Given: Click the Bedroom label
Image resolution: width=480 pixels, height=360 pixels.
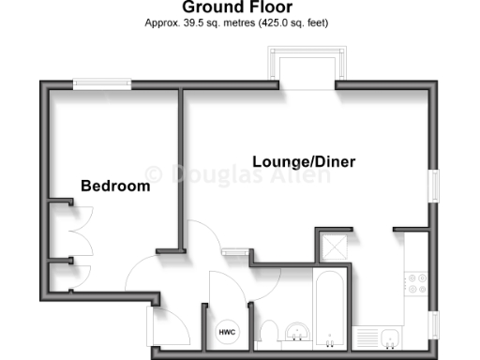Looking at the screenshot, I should (x=115, y=186).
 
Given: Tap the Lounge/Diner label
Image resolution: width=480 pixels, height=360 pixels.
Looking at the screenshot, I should (x=305, y=162).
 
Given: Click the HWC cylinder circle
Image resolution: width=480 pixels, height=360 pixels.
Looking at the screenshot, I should (x=227, y=332).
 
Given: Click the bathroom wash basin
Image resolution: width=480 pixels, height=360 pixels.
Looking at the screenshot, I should (x=299, y=333).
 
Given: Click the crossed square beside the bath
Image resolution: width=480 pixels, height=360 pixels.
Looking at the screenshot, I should (x=332, y=247).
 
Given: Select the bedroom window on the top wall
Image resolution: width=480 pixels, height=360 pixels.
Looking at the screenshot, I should (x=103, y=84).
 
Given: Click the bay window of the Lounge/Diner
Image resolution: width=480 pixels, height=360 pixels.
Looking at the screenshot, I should (x=306, y=67).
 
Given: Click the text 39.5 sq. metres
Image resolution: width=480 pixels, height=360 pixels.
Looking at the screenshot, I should (x=205, y=22).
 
